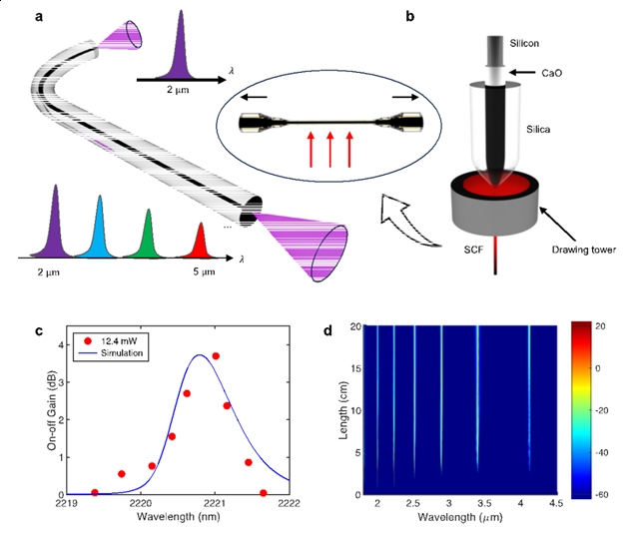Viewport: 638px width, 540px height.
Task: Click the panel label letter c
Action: click(x=38, y=331)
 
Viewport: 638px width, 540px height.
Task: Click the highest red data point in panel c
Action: click(x=216, y=356)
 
